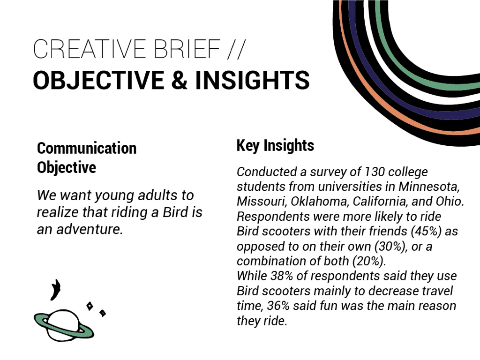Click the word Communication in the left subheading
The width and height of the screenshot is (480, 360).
point(87,148)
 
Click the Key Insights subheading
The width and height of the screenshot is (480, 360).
point(275,145)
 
